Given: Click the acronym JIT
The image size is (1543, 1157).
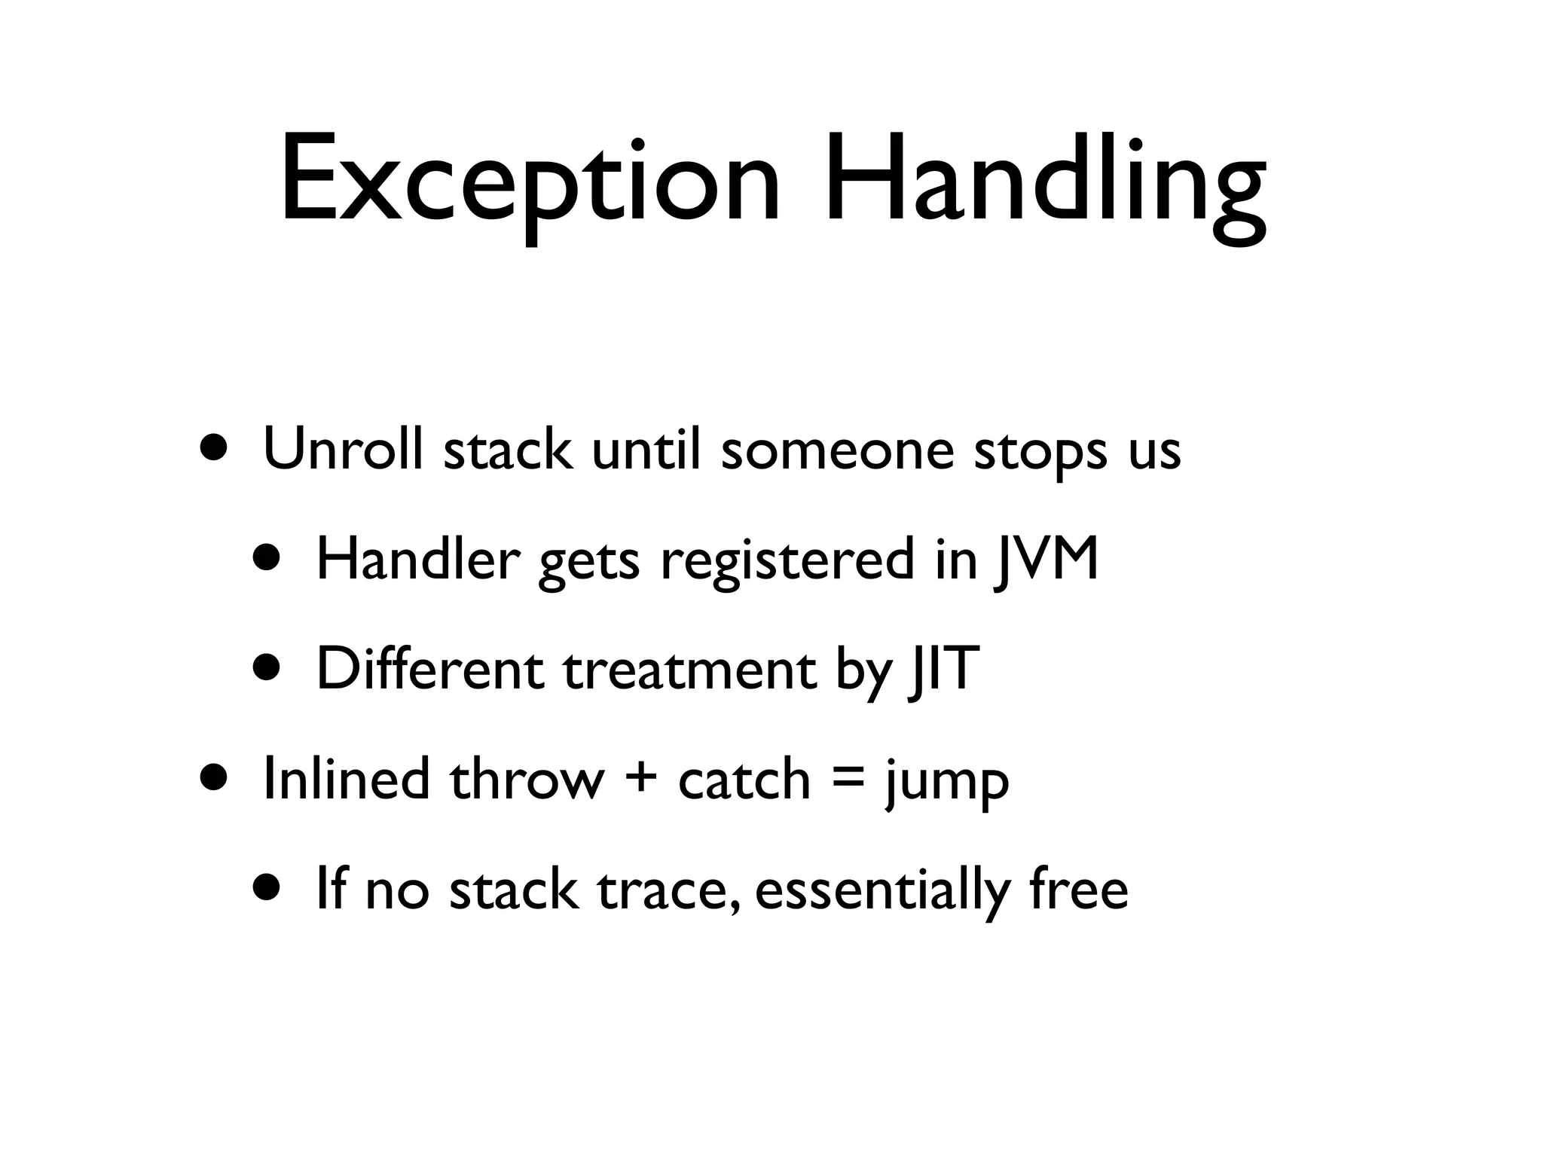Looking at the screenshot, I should pos(943,669).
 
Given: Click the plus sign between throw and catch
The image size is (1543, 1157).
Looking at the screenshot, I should pos(640,780).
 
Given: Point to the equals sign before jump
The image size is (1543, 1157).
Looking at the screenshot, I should pos(848,780).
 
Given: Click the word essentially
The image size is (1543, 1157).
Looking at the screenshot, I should pos(882,890).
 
